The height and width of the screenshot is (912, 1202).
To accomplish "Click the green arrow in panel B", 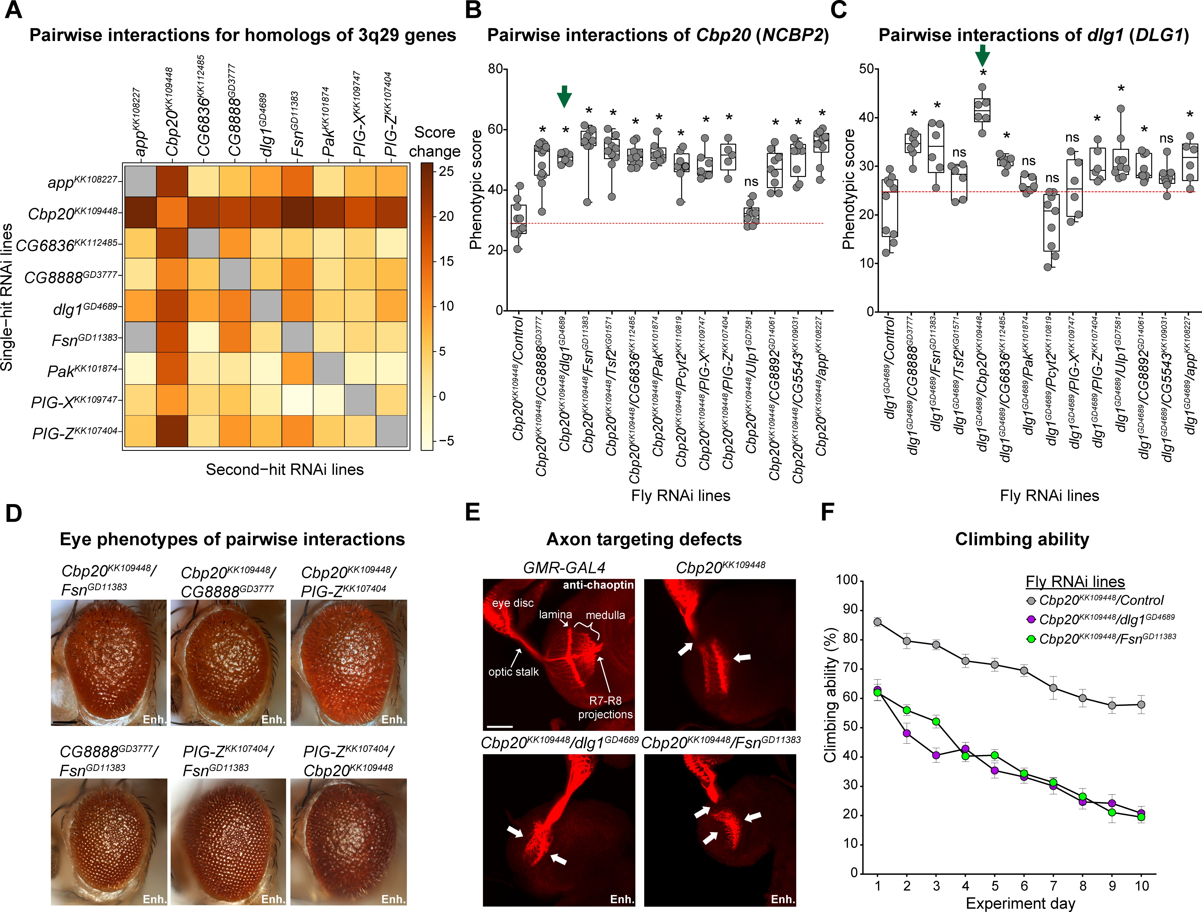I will click(x=565, y=97).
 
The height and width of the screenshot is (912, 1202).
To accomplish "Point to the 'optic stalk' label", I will click(x=514, y=672).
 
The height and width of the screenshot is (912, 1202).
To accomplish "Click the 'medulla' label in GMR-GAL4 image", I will click(x=605, y=615).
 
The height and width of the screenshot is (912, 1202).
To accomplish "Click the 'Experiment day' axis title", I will click(x=1020, y=903).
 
